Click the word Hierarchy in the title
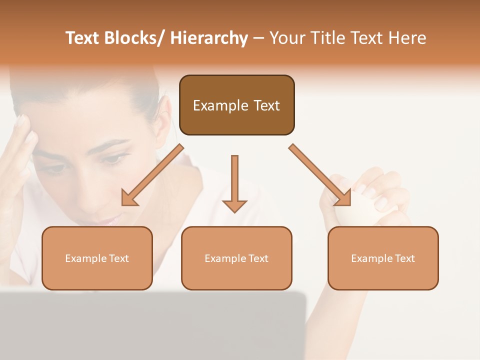pos(209,38)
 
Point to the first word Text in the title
pos(82,38)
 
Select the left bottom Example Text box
pos(97,275)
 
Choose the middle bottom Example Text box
pos(236,275)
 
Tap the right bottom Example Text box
pos(383,275)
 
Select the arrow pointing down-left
pos(152,175)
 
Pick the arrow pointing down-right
pos(320,175)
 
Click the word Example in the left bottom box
pos(85,258)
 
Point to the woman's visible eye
pos(114,159)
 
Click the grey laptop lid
pos(150,325)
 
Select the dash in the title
pos(258,38)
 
